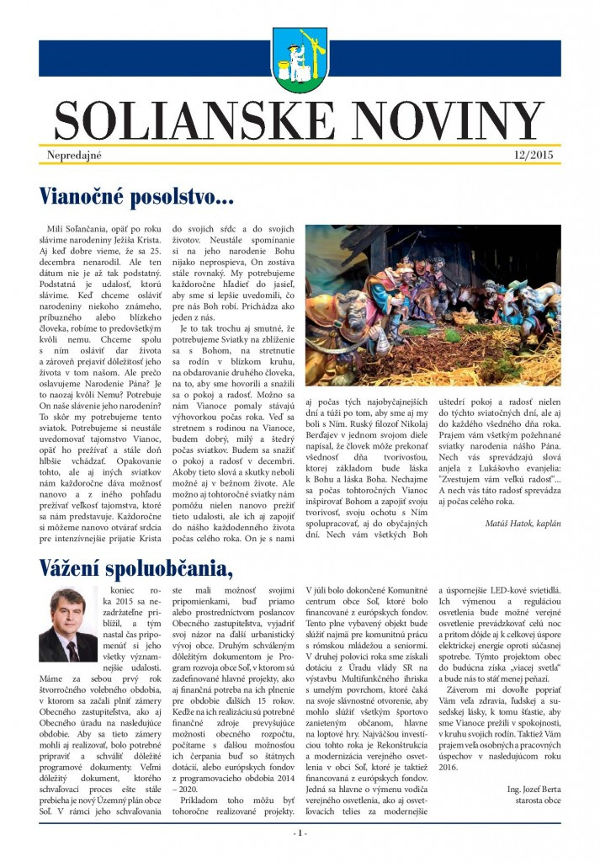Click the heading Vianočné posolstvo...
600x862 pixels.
coord(135,197)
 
